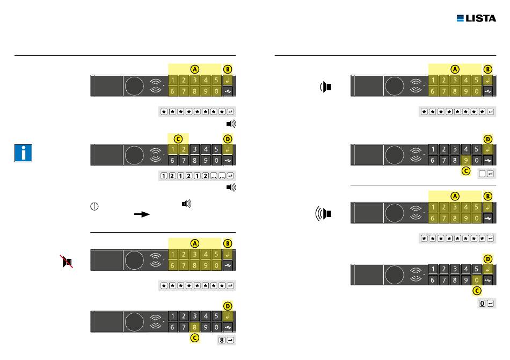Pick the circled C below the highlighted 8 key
(195, 339)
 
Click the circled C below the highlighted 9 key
(465, 172)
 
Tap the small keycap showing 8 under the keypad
(221, 340)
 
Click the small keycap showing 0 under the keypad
(482, 304)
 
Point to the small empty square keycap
(482, 173)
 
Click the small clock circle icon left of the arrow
(94, 205)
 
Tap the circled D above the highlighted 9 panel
(488, 139)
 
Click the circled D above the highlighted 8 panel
(227, 306)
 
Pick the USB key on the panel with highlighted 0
(487, 280)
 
